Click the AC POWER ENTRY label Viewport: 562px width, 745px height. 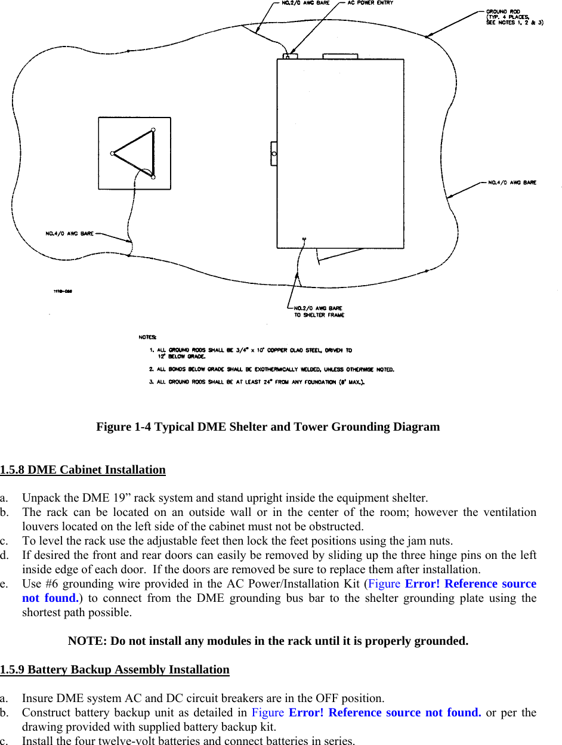pyautogui.click(x=370, y=3)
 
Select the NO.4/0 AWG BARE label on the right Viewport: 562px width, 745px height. pyautogui.click(x=512, y=183)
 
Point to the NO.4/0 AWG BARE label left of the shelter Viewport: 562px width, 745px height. pyautogui.click(x=70, y=233)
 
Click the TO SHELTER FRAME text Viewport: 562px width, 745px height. pyautogui.click(x=319, y=315)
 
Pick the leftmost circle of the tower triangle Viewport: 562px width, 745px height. pyautogui.click(x=112, y=153)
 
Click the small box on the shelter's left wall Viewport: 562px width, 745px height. pyautogui.click(x=274, y=154)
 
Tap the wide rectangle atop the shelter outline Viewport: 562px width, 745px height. pyautogui.click(x=340, y=57)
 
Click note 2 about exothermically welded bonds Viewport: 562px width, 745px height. pyautogui.click(x=272, y=369)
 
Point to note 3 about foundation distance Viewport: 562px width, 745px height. pyautogui.click(x=257, y=382)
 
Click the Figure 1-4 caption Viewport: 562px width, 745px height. pyautogui.click(x=268, y=427)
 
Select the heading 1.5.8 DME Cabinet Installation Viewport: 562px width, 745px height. pyautogui.click(x=83, y=469)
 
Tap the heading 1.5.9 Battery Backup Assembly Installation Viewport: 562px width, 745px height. pyautogui.click(x=115, y=669)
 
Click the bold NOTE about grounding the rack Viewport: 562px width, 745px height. pyautogui.click(x=268, y=641)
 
